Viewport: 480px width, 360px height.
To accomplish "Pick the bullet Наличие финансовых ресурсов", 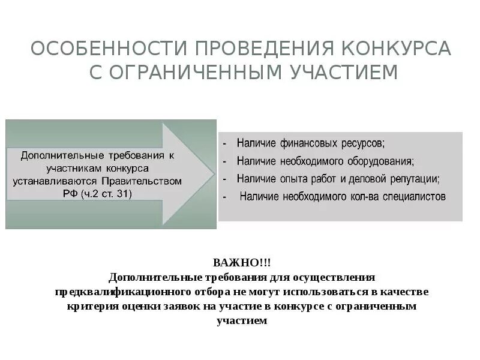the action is pos(310,144).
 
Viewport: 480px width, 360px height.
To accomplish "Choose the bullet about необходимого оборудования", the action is pos(325,161).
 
